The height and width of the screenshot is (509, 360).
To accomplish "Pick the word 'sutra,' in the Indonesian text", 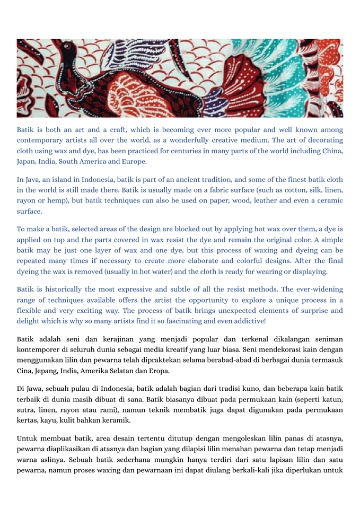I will [x=27, y=410].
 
